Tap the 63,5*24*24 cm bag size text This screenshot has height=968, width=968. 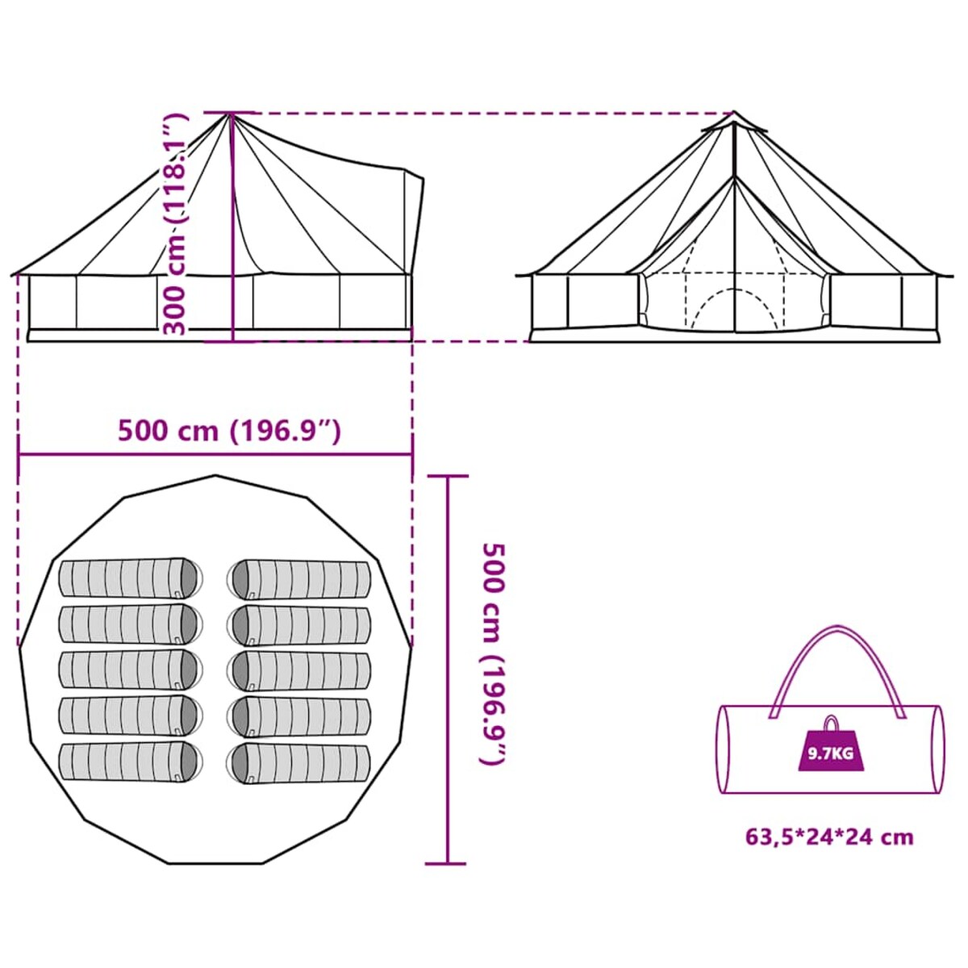(829, 837)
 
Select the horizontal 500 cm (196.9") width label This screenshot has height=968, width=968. (230, 431)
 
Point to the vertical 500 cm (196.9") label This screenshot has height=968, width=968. (493, 654)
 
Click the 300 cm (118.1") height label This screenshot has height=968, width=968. (175, 223)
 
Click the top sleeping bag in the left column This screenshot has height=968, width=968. (129, 578)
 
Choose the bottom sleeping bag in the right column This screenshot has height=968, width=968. (300, 762)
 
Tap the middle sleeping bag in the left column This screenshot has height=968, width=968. (129, 670)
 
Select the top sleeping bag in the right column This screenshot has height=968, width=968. (300, 579)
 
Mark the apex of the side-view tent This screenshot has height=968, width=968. (230, 115)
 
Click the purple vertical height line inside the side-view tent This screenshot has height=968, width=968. (232, 242)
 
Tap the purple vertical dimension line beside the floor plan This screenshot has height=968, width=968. (448, 670)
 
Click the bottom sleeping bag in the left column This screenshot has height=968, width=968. (129, 761)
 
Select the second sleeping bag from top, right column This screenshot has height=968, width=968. (300, 625)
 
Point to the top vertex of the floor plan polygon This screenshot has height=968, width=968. (215, 476)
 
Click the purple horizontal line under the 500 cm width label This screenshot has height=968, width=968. (215, 454)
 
